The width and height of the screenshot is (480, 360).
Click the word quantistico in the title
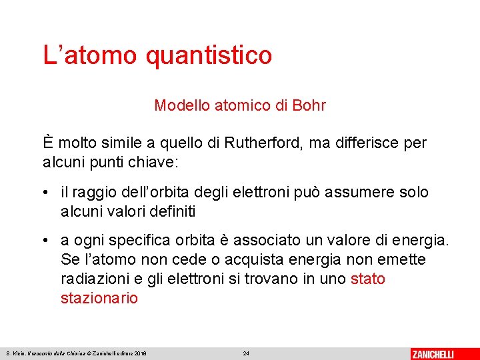click(x=208, y=55)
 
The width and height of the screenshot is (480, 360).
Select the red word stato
click(x=367, y=279)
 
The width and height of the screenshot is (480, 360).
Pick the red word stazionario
click(x=99, y=298)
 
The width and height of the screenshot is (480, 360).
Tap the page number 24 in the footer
click(x=246, y=353)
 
